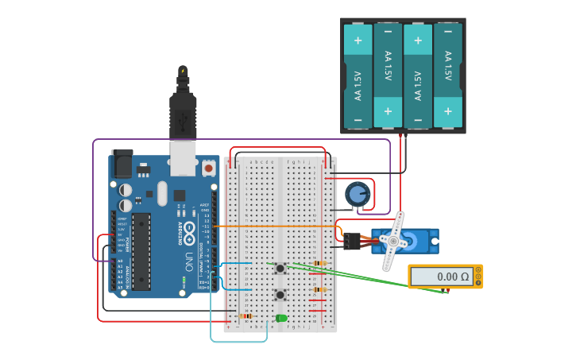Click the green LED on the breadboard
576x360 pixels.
coord(281,318)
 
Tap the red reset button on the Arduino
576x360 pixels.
coord(208,168)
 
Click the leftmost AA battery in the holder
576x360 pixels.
coord(358,75)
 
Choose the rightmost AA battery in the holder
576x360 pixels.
coord(448,75)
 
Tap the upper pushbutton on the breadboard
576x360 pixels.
coord(280,269)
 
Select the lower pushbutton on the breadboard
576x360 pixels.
coord(280,295)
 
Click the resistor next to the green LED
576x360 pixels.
coord(246,315)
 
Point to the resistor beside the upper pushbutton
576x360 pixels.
coord(319,263)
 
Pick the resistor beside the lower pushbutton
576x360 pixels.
coord(319,289)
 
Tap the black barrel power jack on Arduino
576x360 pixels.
coord(122,164)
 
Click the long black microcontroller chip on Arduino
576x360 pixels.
coord(141,250)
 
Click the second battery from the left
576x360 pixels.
coord(388,75)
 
